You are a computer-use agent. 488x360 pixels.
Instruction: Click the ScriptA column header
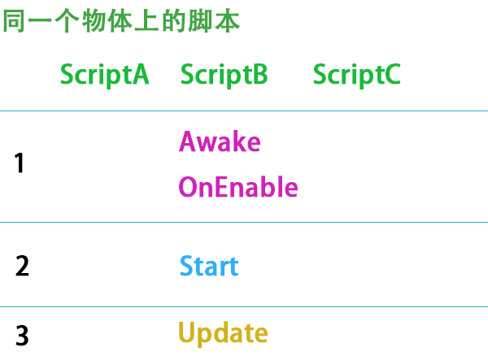pyautogui.click(x=104, y=75)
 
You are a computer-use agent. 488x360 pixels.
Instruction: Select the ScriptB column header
pyautogui.click(x=224, y=75)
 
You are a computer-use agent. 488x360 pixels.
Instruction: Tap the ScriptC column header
pyautogui.click(x=356, y=75)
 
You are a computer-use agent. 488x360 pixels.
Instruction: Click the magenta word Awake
pyautogui.click(x=220, y=141)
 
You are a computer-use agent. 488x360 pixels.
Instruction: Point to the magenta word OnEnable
pyautogui.click(x=238, y=188)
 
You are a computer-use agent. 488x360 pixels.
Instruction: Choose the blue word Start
pyautogui.click(x=209, y=267)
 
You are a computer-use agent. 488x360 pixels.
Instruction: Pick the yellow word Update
pyautogui.click(x=223, y=333)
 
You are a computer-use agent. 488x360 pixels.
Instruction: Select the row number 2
pyautogui.click(x=22, y=267)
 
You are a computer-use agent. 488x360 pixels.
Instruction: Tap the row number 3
pyautogui.click(x=22, y=335)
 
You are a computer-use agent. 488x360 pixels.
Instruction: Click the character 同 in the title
pyautogui.click(x=14, y=22)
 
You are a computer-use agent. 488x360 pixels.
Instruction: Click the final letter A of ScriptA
pyautogui.click(x=140, y=75)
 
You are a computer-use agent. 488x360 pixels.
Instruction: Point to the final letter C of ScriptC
pyautogui.click(x=391, y=75)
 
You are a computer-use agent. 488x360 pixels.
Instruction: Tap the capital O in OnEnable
pyautogui.click(x=188, y=188)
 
